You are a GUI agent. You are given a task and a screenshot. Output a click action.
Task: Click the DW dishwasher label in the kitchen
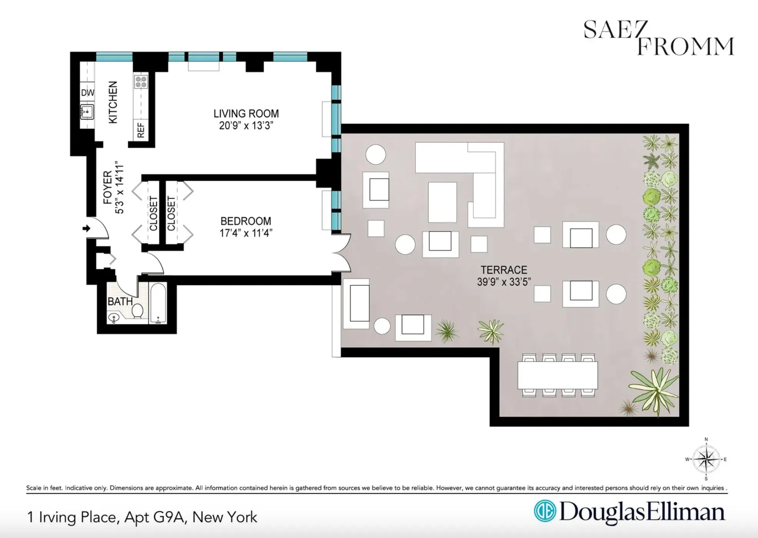(87, 93)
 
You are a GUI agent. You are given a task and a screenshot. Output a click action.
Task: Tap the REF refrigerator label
(141, 130)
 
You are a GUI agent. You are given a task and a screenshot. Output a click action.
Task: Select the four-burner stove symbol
(141, 82)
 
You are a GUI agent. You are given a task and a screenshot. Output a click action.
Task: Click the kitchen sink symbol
(87, 112)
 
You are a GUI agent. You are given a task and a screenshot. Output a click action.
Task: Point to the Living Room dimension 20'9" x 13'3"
(246, 126)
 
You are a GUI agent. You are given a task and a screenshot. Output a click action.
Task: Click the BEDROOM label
(245, 221)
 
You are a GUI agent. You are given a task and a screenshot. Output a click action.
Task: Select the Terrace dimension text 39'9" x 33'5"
(504, 282)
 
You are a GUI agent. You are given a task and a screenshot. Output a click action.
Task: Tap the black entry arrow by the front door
(86, 229)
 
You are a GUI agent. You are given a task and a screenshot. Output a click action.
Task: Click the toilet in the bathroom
(137, 311)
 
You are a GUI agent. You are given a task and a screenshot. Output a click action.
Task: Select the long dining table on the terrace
(557, 375)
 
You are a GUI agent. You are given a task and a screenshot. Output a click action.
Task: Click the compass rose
(706, 459)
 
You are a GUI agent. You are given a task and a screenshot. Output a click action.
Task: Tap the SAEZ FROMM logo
(658, 38)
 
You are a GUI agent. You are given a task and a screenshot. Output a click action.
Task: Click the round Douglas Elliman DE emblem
(545, 511)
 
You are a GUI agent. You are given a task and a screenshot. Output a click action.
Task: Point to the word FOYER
(108, 187)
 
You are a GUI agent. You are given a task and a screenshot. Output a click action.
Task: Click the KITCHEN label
(113, 102)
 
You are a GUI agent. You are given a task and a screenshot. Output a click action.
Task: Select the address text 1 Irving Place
(72, 517)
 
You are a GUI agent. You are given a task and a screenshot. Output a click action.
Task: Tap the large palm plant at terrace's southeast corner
(654, 389)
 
